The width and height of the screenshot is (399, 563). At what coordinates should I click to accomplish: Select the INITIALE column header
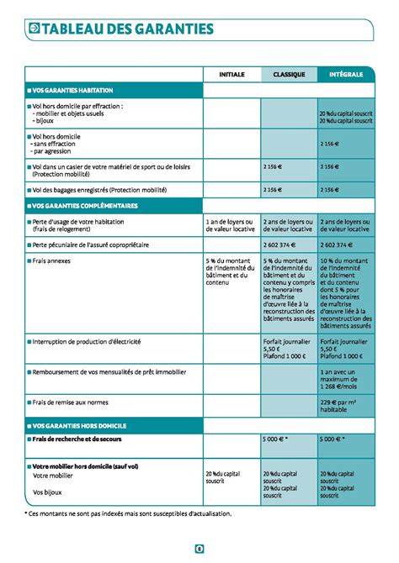point(231,74)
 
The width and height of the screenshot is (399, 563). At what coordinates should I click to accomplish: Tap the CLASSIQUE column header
point(289,74)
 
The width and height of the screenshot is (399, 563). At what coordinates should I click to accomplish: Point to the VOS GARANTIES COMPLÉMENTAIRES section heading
point(83,206)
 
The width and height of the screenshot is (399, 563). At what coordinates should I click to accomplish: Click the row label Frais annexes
point(51,261)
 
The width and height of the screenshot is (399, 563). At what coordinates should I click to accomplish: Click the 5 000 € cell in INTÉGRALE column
point(334,439)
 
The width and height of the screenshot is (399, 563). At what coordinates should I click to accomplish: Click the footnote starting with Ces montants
point(126,513)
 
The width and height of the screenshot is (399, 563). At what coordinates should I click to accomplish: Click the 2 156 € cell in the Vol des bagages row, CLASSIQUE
point(273,190)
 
